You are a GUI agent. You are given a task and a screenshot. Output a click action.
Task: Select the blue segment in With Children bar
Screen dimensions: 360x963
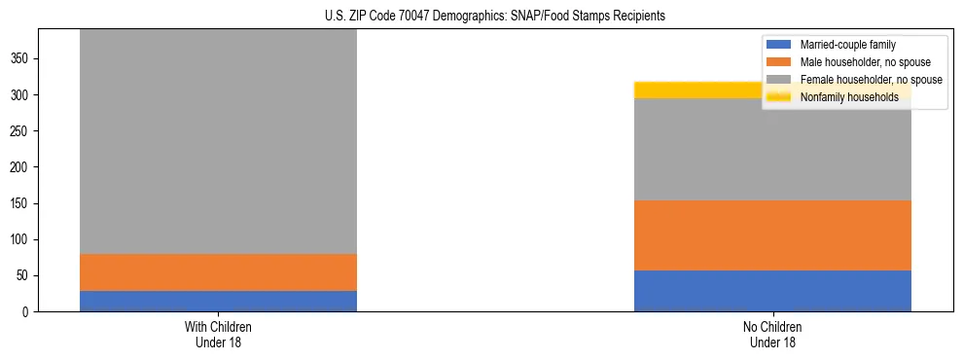click(x=218, y=301)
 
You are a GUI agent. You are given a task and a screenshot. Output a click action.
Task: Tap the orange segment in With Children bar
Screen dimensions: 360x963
click(x=218, y=272)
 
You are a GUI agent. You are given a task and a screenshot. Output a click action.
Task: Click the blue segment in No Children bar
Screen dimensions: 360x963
click(x=772, y=291)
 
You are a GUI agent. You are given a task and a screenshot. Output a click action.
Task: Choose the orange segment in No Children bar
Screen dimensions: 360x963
click(x=772, y=235)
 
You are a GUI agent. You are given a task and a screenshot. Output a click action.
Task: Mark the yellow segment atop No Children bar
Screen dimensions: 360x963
click(x=696, y=90)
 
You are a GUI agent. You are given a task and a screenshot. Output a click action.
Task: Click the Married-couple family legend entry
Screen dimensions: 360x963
click(x=847, y=45)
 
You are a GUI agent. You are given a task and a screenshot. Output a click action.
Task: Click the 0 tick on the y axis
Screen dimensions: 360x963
click(x=28, y=311)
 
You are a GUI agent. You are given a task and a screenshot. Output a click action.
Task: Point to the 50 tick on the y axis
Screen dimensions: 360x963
click(x=25, y=275)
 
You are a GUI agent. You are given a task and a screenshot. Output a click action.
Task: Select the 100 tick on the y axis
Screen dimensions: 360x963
click(x=22, y=239)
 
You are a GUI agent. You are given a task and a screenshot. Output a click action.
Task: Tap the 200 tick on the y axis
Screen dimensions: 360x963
click(x=22, y=167)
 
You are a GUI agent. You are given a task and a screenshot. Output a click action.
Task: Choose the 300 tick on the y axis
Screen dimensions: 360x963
click(x=22, y=95)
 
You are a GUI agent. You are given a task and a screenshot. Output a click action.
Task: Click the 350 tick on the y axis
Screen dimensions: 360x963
click(x=22, y=59)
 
